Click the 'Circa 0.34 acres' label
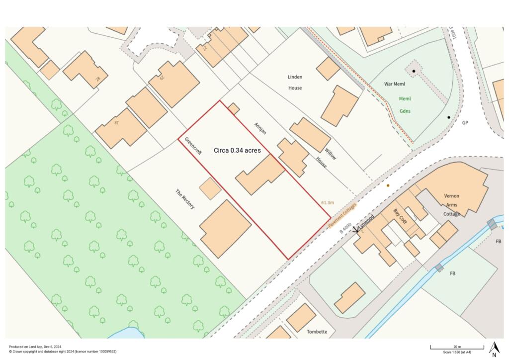tap(237, 150)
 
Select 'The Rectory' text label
tap(184, 198)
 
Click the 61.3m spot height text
tap(328, 203)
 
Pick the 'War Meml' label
tap(395, 84)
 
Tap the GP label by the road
tap(465, 123)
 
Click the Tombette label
tap(317, 332)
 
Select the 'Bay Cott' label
tap(400, 216)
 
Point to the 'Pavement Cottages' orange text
tap(343, 216)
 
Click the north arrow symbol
tap(494, 349)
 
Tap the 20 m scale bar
tap(457, 347)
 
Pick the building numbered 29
tap(174, 83)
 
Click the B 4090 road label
tap(345, 228)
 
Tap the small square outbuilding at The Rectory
tap(210, 188)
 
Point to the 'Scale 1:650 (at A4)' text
tap(457, 352)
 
